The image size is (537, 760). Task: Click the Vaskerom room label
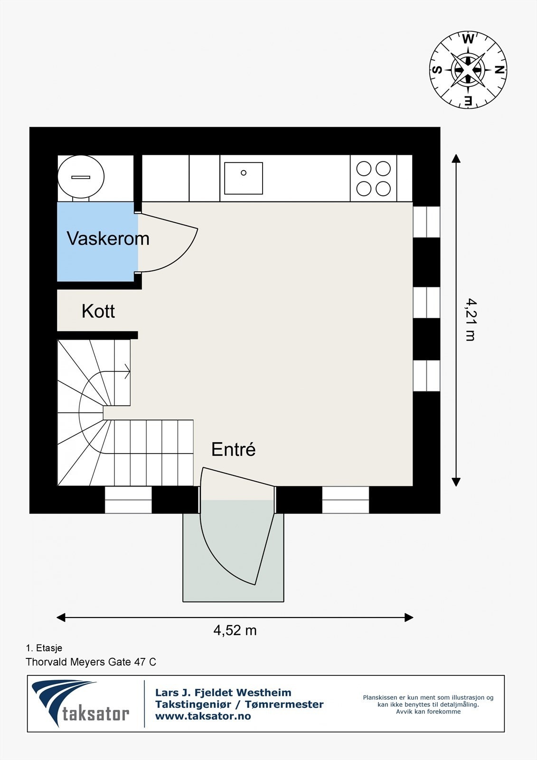coord(108,238)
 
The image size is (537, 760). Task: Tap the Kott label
coord(98,311)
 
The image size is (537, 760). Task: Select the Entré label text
coord(233,449)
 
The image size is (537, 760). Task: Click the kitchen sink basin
coord(244,178)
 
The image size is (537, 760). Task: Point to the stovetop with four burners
coord(374,179)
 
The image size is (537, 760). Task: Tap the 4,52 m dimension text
coord(235,630)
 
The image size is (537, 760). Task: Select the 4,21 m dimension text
coord(470,319)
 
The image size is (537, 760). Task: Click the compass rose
coord(468,70)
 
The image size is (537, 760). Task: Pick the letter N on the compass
coord(499,70)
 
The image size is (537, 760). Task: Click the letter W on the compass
coord(468,39)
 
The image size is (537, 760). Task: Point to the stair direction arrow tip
coord(129,371)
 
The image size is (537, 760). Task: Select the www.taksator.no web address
coord(203,716)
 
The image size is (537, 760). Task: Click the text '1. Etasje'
coord(44,648)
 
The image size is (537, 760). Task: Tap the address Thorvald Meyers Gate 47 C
coord(91,662)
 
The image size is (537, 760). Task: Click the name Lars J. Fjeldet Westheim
coord(223,693)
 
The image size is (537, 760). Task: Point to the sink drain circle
coord(244,173)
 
